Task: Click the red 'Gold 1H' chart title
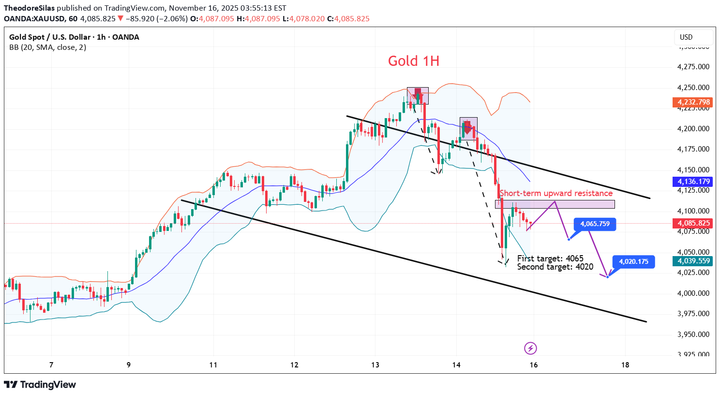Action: click(413, 61)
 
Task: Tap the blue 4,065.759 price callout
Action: click(595, 224)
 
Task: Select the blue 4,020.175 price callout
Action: click(633, 262)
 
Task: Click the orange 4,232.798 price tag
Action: click(693, 102)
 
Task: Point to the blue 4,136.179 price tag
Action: click(693, 182)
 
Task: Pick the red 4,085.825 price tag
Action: click(693, 223)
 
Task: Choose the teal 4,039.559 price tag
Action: click(693, 261)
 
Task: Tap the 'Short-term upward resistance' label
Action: click(556, 193)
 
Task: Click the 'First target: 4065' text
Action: click(550, 259)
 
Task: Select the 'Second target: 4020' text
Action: click(555, 267)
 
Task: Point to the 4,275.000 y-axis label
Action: click(693, 67)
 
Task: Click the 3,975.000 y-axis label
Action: click(693, 314)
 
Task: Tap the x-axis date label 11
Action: click(213, 365)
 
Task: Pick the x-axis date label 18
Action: click(625, 365)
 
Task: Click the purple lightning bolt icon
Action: click(531, 348)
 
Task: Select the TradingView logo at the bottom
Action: click(40, 385)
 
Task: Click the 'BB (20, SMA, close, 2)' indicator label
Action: click(48, 47)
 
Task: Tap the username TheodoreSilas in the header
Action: click(30, 8)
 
